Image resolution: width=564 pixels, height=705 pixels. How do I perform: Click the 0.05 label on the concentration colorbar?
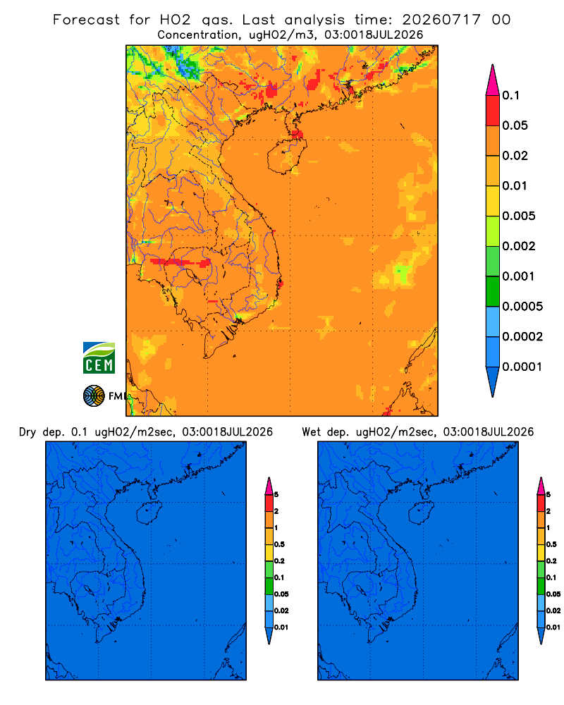515,125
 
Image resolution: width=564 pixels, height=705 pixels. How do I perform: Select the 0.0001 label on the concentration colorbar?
522,367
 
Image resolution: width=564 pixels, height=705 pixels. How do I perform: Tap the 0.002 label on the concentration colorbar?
519,246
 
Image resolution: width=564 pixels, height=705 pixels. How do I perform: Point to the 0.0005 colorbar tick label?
522,307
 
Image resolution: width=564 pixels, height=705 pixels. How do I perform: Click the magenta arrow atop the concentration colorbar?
493,80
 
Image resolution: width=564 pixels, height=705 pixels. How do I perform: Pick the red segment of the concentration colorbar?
493,110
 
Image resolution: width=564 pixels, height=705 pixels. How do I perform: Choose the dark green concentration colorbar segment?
493,291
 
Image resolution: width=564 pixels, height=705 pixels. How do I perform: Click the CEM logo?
99,358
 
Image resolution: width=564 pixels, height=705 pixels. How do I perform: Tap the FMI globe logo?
94,396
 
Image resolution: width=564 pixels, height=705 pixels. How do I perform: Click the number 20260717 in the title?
441,20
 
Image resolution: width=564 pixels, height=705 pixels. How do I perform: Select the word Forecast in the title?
86,20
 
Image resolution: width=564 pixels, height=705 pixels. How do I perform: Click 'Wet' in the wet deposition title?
311,432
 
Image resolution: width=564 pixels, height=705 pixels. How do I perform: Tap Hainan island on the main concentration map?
287,156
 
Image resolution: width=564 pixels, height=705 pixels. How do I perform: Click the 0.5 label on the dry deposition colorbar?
279,544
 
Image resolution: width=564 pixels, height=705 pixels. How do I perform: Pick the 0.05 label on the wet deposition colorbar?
553,594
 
